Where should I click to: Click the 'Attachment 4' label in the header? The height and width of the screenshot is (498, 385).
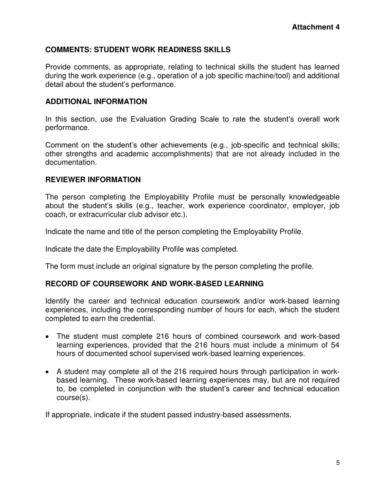[x=315, y=27]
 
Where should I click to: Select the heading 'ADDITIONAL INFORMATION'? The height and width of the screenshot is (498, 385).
[x=96, y=102]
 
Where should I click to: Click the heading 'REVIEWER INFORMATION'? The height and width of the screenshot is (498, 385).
[x=93, y=179]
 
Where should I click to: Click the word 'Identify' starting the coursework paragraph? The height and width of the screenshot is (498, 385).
[x=58, y=301]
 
